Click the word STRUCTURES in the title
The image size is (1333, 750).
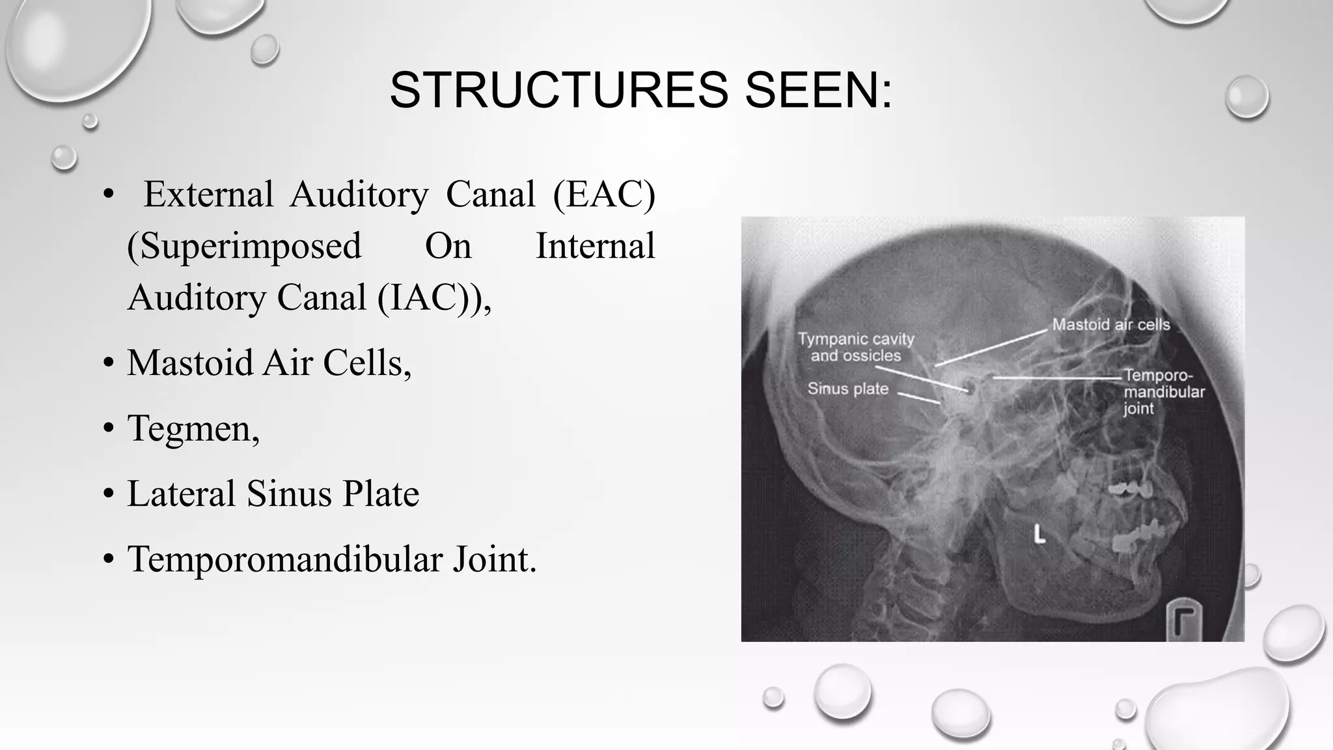pyautogui.click(x=558, y=90)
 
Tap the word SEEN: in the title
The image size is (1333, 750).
pyautogui.click(x=818, y=90)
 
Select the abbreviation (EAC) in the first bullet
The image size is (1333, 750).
pyautogui.click(x=603, y=194)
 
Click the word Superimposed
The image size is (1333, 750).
pyautogui.click(x=244, y=246)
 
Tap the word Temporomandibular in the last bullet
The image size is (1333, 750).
pyautogui.click(x=284, y=559)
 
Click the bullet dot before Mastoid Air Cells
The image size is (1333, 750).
pyautogui.click(x=109, y=363)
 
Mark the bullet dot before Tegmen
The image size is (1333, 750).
pyautogui.click(x=109, y=429)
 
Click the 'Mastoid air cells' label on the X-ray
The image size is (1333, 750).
pyautogui.click(x=1110, y=324)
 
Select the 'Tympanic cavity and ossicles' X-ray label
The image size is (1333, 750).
pyautogui.click(x=855, y=347)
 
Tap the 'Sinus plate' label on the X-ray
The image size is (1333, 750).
pyautogui.click(x=847, y=389)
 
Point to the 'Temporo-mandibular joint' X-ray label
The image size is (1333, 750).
pyautogui.click(x=1163, y=392)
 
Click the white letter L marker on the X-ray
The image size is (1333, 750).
pyautogui.click(x=1039, y=535)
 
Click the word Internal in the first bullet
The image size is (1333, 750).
pyautogui.click(x=595, y=246)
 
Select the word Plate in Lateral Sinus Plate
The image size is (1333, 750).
pyautogui.click(x=381, y=493)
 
